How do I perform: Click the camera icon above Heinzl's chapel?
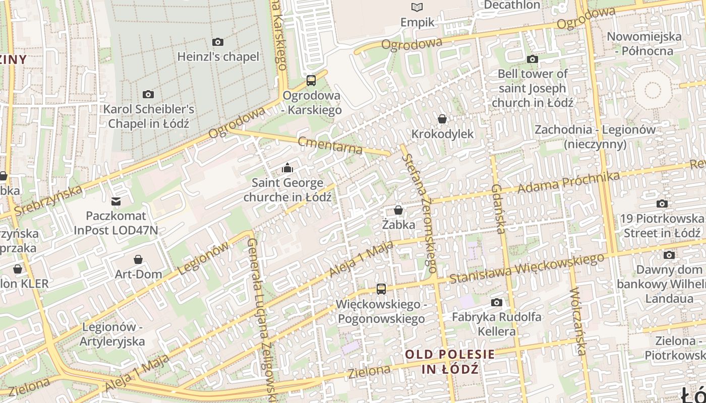point(218,42)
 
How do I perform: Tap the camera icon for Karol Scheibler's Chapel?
point(148,94)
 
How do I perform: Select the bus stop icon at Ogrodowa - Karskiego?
point(311,80)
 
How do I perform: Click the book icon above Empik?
point(417,7)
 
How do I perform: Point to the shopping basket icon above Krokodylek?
point(442,119)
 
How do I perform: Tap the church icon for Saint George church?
point(287,167)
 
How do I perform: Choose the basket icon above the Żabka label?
point(398,210)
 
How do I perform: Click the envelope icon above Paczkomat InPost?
point(116,202)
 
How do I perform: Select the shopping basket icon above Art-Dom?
point(138,259)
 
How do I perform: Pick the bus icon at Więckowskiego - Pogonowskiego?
point(381,289)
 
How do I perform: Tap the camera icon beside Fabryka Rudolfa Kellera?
point(497,302)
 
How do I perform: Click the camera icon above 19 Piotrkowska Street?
point(662,204)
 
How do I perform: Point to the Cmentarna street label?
point(330,145)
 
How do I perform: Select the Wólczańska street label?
point(578,321)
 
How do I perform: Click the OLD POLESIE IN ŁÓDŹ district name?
point(450,361)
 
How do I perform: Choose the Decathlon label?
point(512,5)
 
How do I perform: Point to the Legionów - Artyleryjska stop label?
point(113,334)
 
